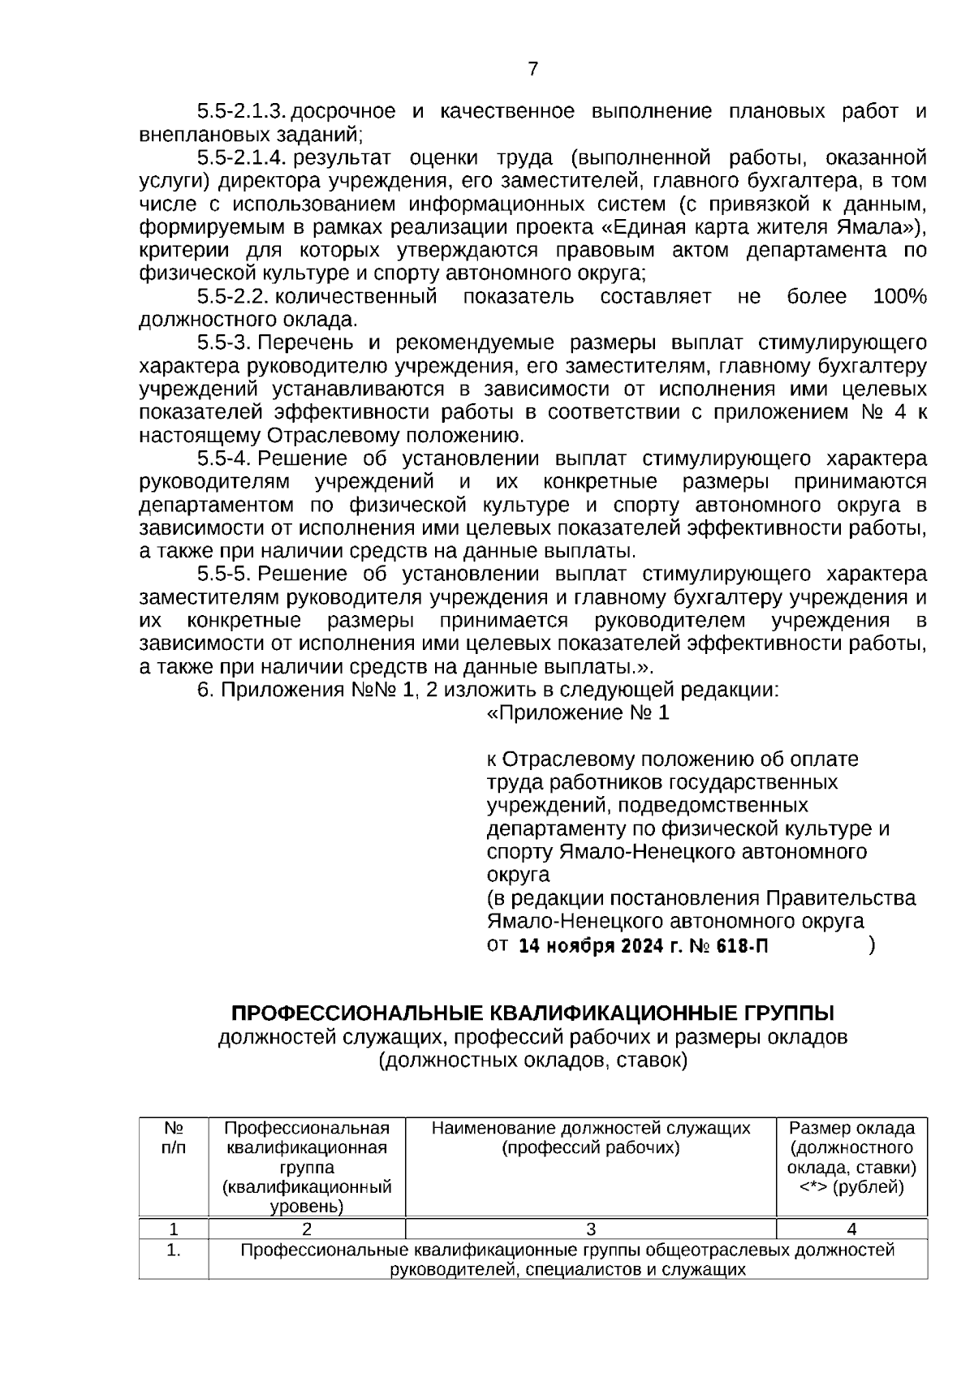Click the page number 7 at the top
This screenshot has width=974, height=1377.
(x=532, y=70)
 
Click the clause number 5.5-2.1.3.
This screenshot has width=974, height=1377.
(x=243, y=111)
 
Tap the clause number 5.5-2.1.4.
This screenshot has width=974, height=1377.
(x=243, y=157)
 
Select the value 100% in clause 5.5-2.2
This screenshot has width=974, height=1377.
(x=899, y=297)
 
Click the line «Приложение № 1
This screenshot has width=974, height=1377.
(x=577, y=713)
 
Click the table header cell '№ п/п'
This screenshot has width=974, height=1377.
(x=174, y=1138)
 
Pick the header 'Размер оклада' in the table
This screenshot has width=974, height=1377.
(x=851, y=1128)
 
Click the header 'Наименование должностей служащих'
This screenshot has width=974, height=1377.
(x=591, y=1128)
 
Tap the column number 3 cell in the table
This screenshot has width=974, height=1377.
(x=591, y=1229)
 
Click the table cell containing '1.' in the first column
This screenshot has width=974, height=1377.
(x=174, y=1250)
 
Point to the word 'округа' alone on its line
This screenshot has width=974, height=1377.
(x=518, y=876)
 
